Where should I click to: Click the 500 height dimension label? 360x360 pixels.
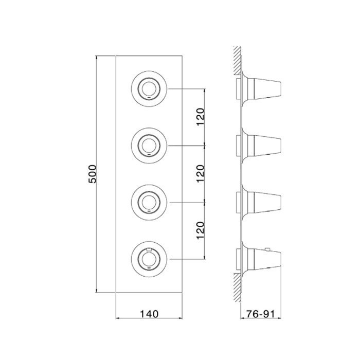pos(93,174)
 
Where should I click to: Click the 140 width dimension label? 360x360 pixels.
pos(149,314)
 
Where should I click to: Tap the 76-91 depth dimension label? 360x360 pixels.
pos(261,314)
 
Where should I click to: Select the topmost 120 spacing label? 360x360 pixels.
pos(200,117)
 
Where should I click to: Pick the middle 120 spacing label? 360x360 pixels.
pos(200,174)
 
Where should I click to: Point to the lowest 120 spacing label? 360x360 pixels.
pos(200,230)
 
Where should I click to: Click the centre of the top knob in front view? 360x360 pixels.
pos(149,88)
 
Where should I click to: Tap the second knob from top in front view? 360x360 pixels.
pos(149,146)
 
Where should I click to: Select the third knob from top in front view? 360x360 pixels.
pos(149,203)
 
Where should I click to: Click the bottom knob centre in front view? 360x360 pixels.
pos(149,259)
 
